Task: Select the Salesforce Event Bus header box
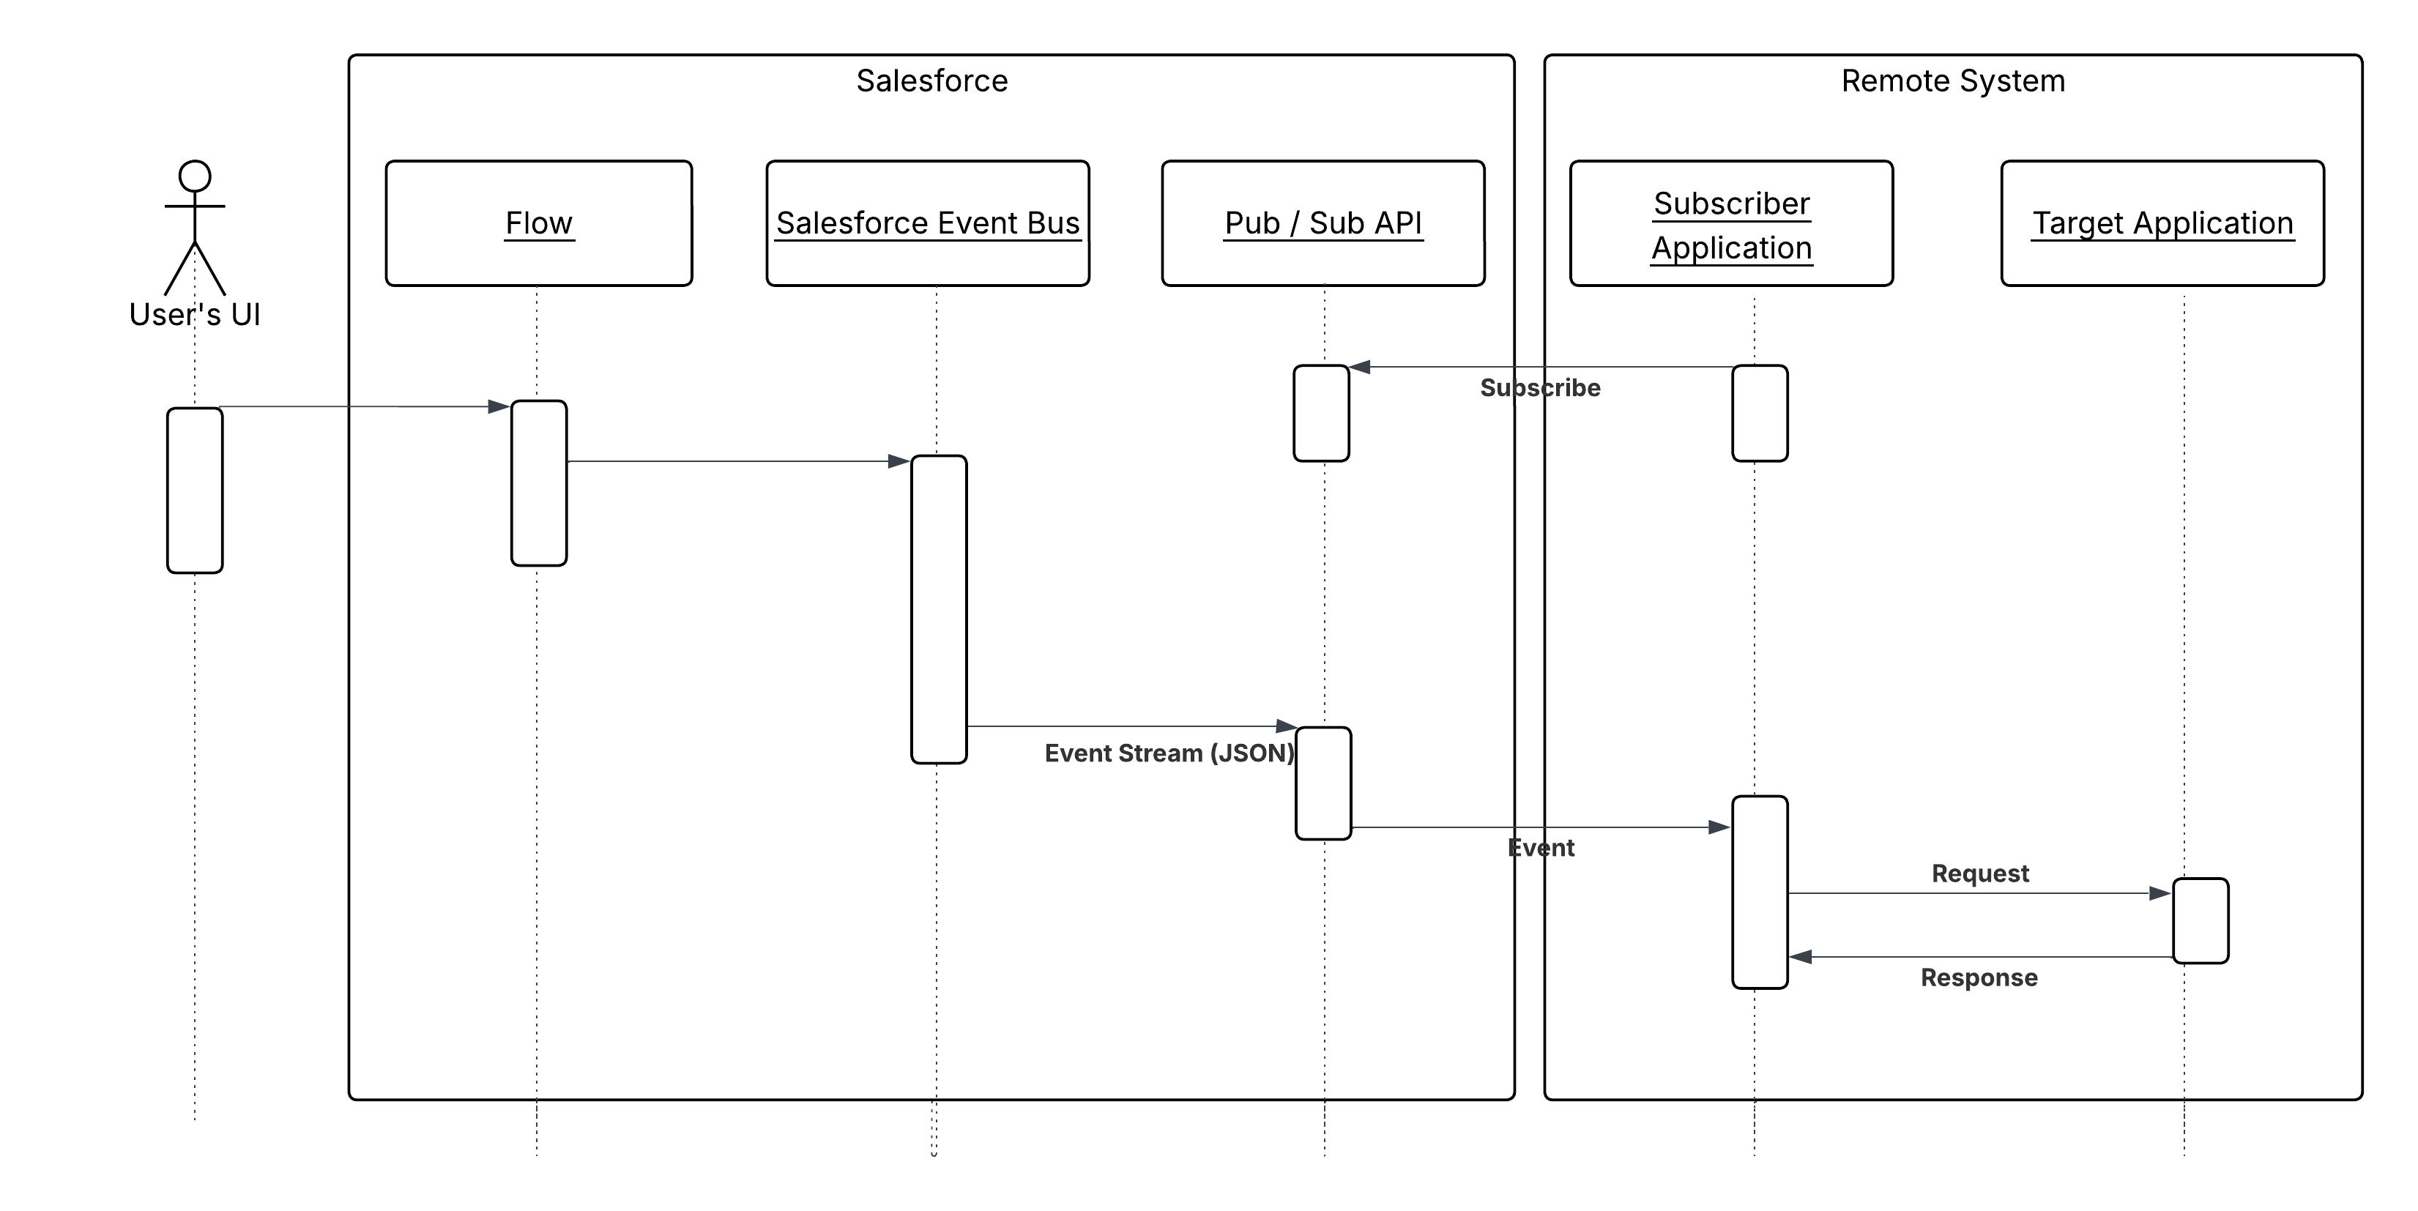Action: pyautogui.click(x=927, y=223)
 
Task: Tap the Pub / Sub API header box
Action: pyautogui.click(x=1323, y=223)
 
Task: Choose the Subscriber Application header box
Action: pyautogui.click(x=1731, y=223)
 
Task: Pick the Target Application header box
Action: pyautogui.click(x=2162, y=223)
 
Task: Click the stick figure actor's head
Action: pyautogui.click(x=196, y=176)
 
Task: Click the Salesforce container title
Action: pyautogui.click(x=931, y=81)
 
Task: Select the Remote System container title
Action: pyautogui.click(x=1952, y=81)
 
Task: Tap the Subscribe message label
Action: pyautogui.click(x=1539, y=388)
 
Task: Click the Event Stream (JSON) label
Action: pyautogui.click(x=1169, y=753)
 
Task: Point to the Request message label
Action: pyautogui.click(x=1979, y=873)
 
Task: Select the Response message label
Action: pyautogui.click(x=1979, y=977)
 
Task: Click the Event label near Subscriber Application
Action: pyautogui.click(x=1540, y=848)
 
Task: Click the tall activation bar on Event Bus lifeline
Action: pyautogui.click(x=939, y=609)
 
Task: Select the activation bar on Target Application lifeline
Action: pyautogui.click(x=2201, y=920)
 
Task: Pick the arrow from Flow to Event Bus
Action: pyautogui.click(x=732, y=461)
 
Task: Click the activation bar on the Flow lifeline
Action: pyautogui.click(x=539, y=482)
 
